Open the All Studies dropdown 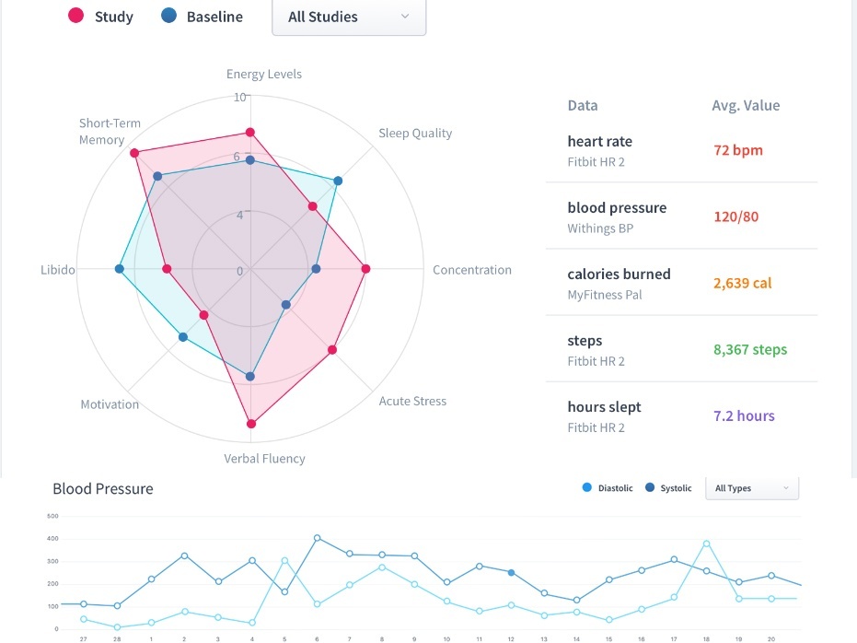pyautogui.click(x=348, y=17)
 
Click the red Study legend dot pyautogui.click(x=76, y=16)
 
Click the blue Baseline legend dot pyautogui.click(x=168, y=16)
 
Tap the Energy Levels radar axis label pyautogui.click(x=264, y=74)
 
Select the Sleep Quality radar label pyautogui.click(x=415, y=134)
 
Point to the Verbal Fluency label pyautogui.click(x=264, y=458)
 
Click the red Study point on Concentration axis pyautogui.click(x=365, y=269)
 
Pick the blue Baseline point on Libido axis pyautogui.click(x=119, y=269)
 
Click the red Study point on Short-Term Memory pyautogui.click(x=134, y=153)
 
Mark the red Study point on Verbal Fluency pyautogui.click(x=250, y=424)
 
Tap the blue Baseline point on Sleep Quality pyautogui.click(x=338, y=181)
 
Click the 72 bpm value pyautogui.click(x=738, y=150)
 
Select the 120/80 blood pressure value pyautogui.click(x=736, y=216)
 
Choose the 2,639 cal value pyautogui.click(x=743, y=283)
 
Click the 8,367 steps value pyautogui.click(x=750, y=349)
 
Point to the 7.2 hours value pyautogui.click(x=744, y=415)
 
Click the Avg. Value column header pyautogui.click(x=746, y=105)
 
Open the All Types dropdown pyautogui.click(x=751, y=488)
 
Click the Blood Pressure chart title pyautogui.click(x=103, y=488)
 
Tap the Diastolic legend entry pyautogui.click(x=608, y=488)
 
